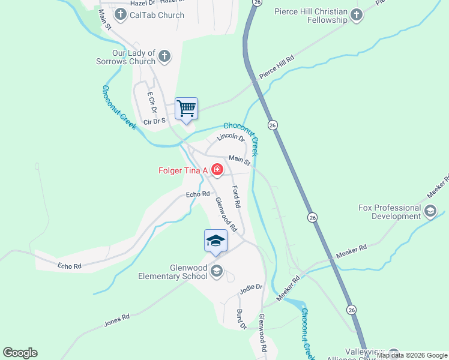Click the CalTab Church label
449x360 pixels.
pos(157,15)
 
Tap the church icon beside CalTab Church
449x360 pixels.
pos(121,15)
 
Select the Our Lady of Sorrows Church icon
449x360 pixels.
pos(165,58)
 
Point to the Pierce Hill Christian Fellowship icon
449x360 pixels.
pos(357,16)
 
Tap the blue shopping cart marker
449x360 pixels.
pos(186,109)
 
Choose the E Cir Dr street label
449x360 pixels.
pos(151,103)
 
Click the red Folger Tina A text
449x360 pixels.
pos(182,171)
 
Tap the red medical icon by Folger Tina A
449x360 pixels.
pos(217,171)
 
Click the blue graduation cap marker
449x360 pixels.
pos(215,241)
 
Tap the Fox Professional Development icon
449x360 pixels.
pos(430,211)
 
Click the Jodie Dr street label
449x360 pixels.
pos(252,287)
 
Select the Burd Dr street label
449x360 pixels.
pos(241,319)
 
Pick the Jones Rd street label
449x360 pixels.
pos(116,320)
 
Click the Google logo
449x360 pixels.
pos(20,353)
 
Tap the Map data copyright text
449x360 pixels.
pos(412,355)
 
